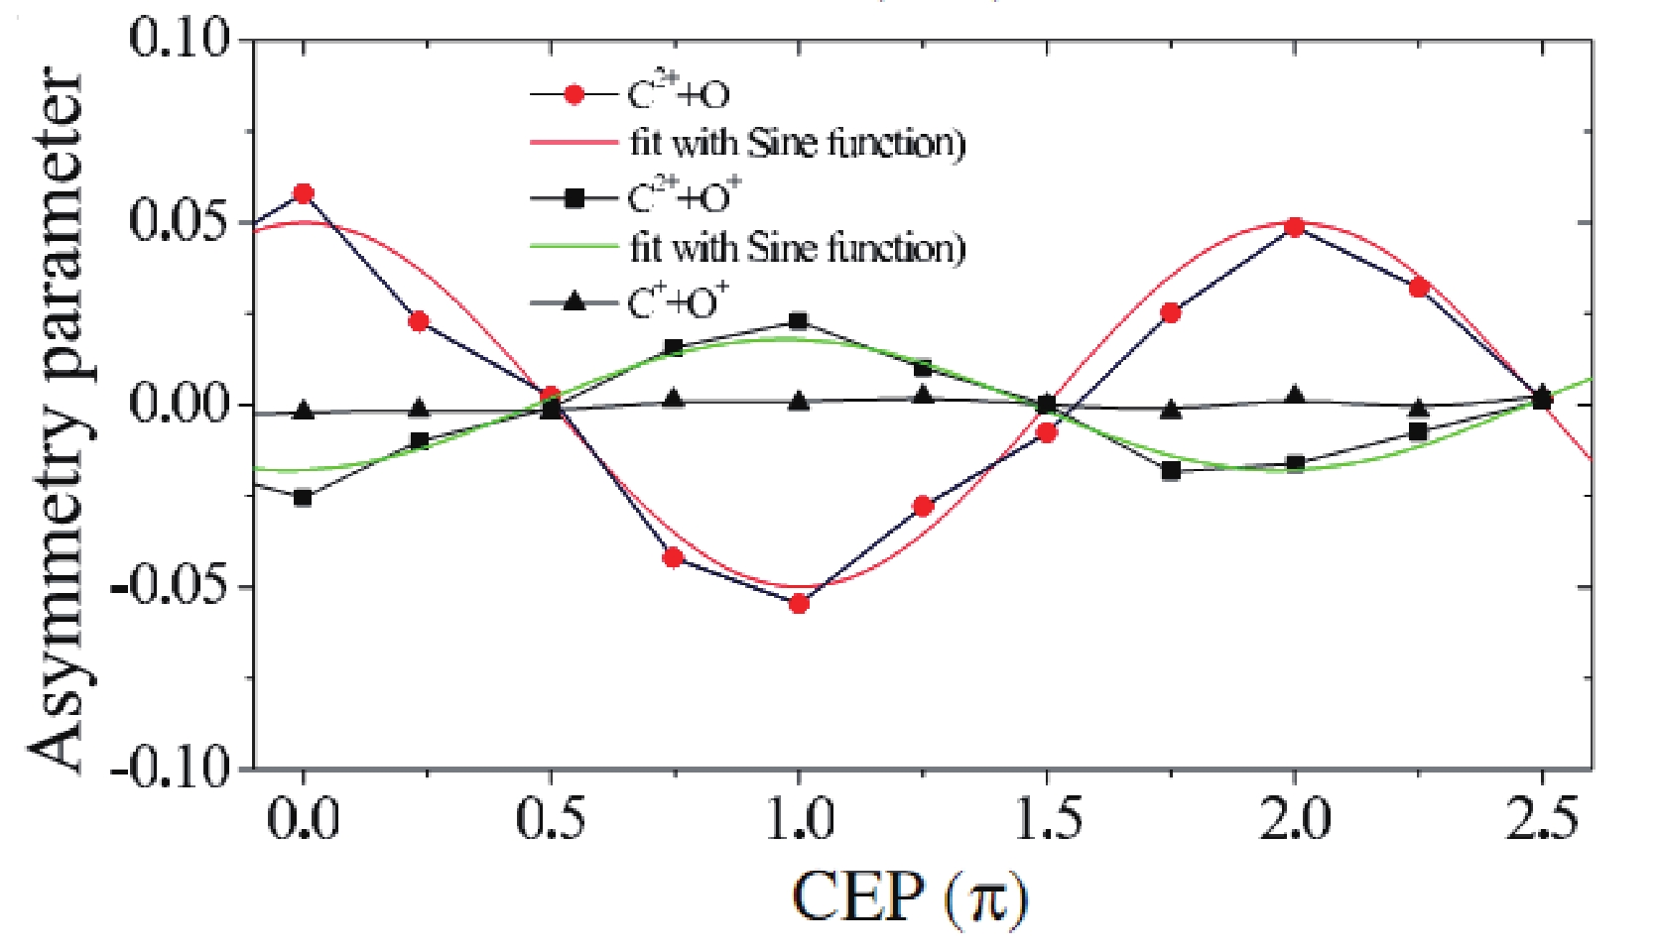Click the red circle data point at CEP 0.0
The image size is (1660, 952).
(x=304, y=193)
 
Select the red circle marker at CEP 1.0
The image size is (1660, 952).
(x=799, y=603)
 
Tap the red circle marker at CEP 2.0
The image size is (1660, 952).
(x=1294, y=227)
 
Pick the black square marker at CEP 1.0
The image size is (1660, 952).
(x=799, y=321)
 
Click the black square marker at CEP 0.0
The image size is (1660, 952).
(x=304, y=497)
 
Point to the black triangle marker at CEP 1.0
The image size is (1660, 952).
(x=799, y=402)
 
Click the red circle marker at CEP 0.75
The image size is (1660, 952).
(x=674, y=557)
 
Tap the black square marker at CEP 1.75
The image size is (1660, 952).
(x=1171, y=470)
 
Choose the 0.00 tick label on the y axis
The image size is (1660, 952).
(x=179, y=405)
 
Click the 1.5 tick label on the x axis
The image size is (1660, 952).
(x=1046, y=821)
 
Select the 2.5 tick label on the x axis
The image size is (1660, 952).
(x=1541, y=821)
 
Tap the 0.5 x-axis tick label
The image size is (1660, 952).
(x=551, y=821)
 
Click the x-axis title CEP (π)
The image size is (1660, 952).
(x=909, y=898)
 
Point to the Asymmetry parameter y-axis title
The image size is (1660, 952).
(x=58, y=421)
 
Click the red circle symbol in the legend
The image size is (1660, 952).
(x=574, y=95)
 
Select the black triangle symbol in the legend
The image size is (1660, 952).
(x=574, y=301)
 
